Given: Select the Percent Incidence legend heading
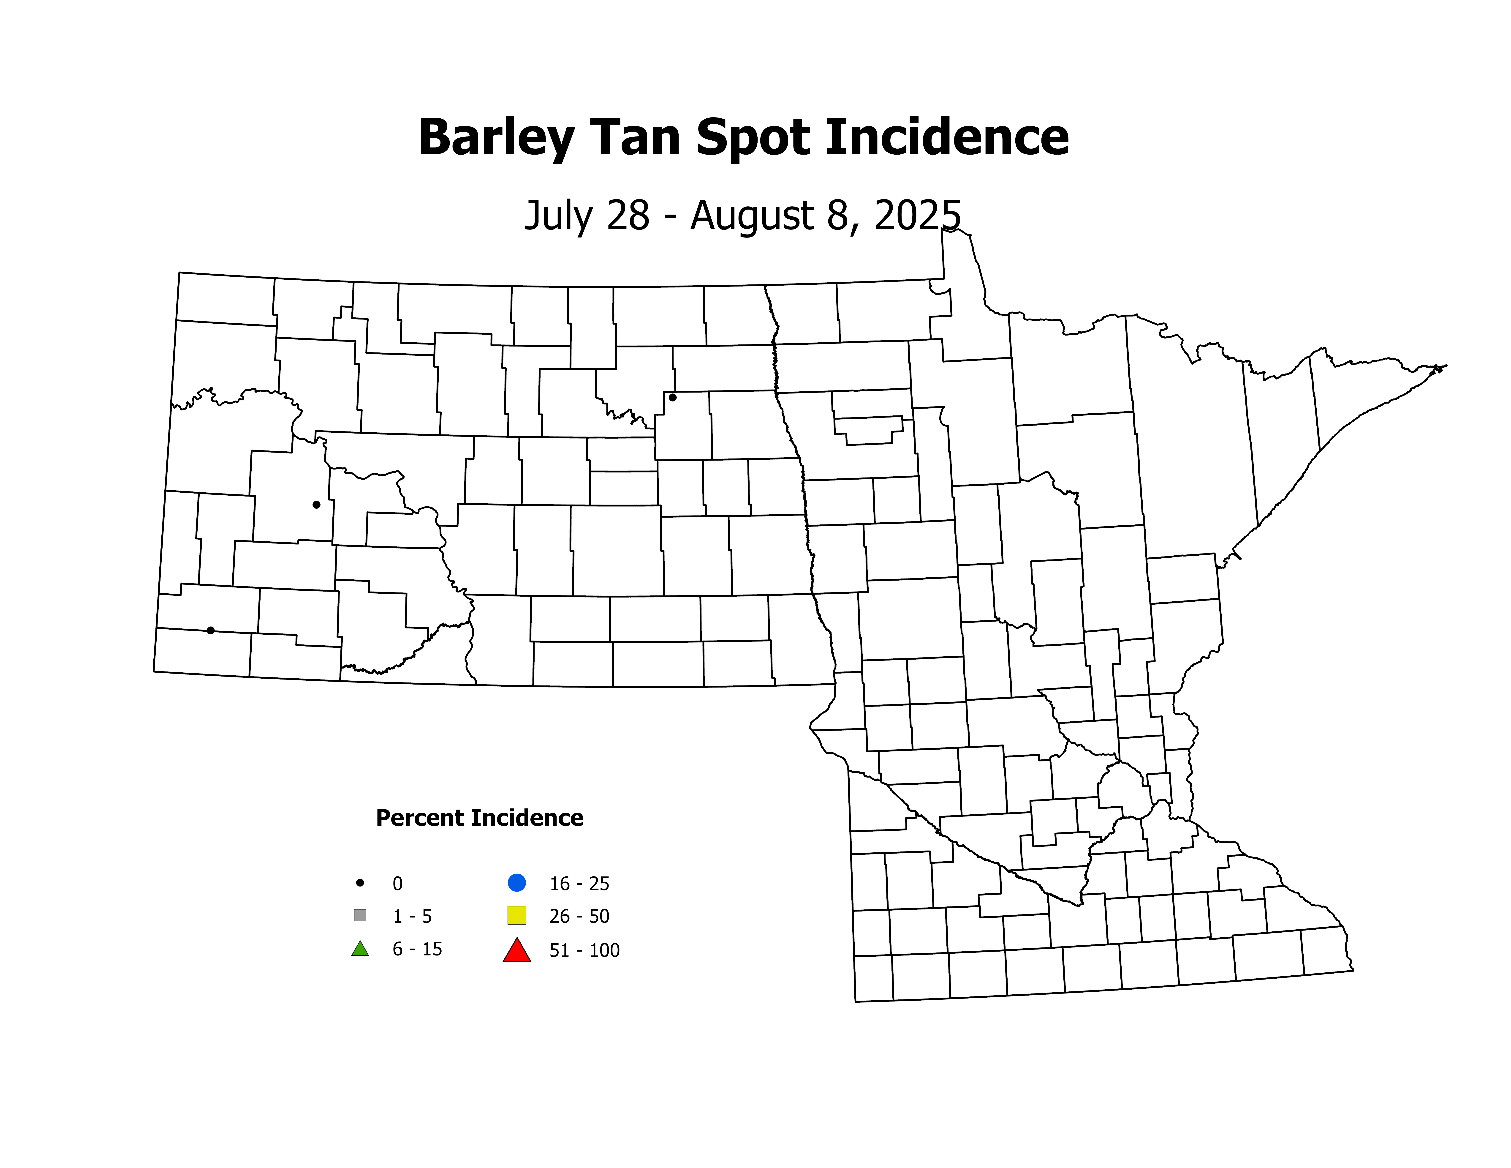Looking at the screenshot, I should [x=479, y=818].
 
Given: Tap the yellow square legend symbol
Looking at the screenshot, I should [x=517, y=915].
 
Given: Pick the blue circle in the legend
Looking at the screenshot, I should [x=517, y=883].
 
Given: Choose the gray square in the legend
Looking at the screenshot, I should [x=360, y=915].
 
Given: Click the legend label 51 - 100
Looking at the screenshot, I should [x=585, y=951].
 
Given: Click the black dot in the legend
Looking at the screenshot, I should [x=360, y=883].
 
